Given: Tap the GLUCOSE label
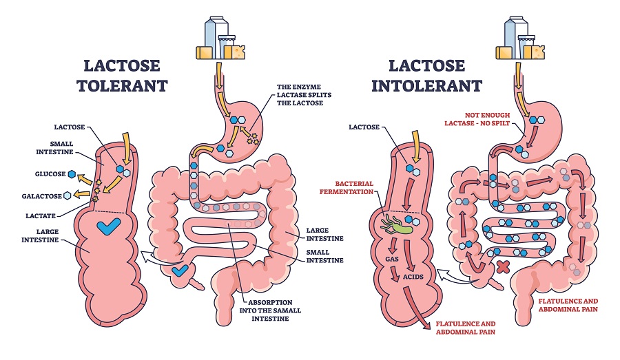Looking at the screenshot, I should pos(52,173).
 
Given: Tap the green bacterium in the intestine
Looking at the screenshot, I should pos(395,224).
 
